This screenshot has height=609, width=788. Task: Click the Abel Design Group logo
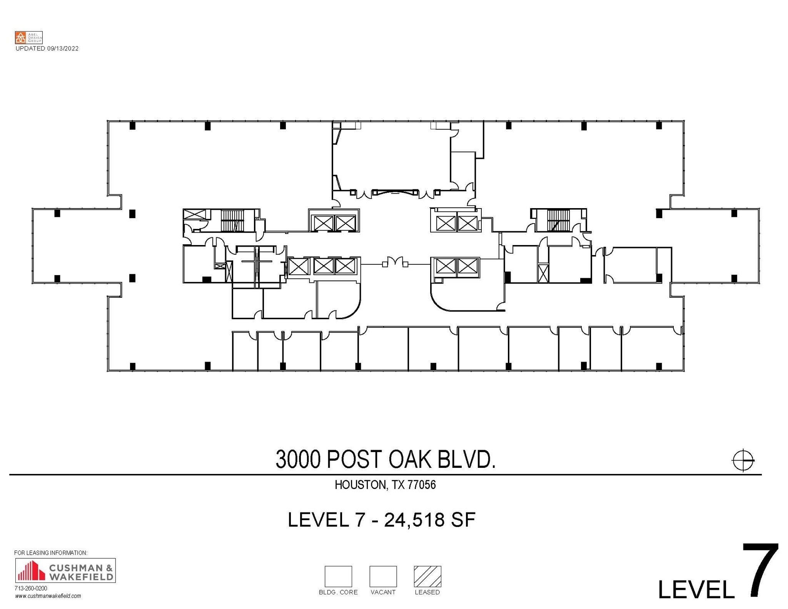28,38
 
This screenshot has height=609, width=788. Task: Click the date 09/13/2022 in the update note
63,48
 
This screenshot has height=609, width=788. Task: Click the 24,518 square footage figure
414,520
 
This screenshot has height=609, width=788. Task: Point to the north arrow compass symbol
743,460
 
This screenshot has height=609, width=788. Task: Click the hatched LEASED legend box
427,576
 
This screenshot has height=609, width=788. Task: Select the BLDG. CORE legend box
338,576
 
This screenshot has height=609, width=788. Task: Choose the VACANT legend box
383,576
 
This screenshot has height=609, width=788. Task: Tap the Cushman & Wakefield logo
65,571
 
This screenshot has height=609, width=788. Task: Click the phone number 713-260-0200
31,589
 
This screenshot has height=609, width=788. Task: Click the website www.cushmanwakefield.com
48,596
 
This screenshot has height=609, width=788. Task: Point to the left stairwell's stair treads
232,220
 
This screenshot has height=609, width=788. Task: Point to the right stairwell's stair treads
558,220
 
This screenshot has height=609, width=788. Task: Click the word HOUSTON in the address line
360,485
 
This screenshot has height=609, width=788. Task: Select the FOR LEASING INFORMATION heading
51,553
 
